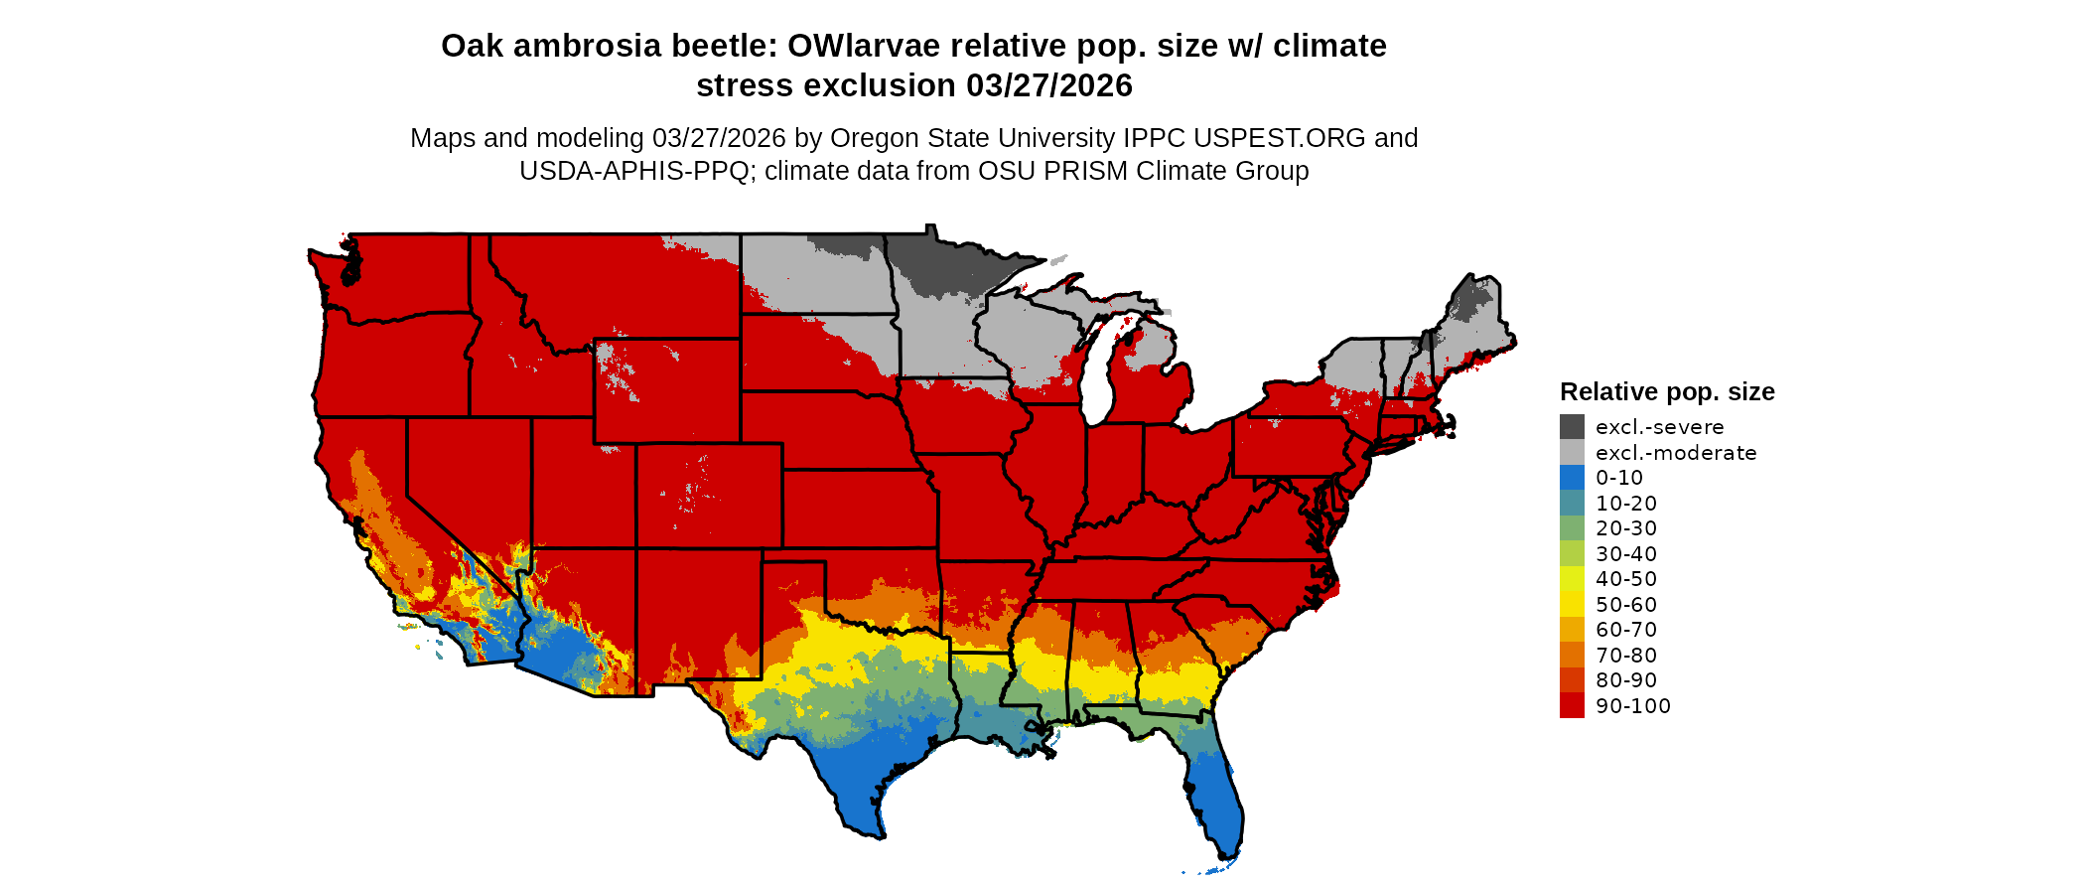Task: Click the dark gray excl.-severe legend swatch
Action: (1572, 427)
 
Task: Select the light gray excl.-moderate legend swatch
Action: (1572, 453)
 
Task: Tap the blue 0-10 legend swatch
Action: (1572, 478)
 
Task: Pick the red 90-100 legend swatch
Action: (1572, 706)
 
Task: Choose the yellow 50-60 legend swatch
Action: (1572, 605)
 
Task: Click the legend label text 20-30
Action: (1626, 528)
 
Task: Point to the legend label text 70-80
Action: (1626, 656)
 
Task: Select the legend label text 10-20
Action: (1626, 504)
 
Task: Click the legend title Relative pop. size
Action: (1667, 391)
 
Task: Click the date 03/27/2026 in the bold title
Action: (1049, 85)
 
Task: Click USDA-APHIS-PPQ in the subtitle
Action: (634, 171)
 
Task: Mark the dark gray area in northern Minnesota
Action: (938, 266)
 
